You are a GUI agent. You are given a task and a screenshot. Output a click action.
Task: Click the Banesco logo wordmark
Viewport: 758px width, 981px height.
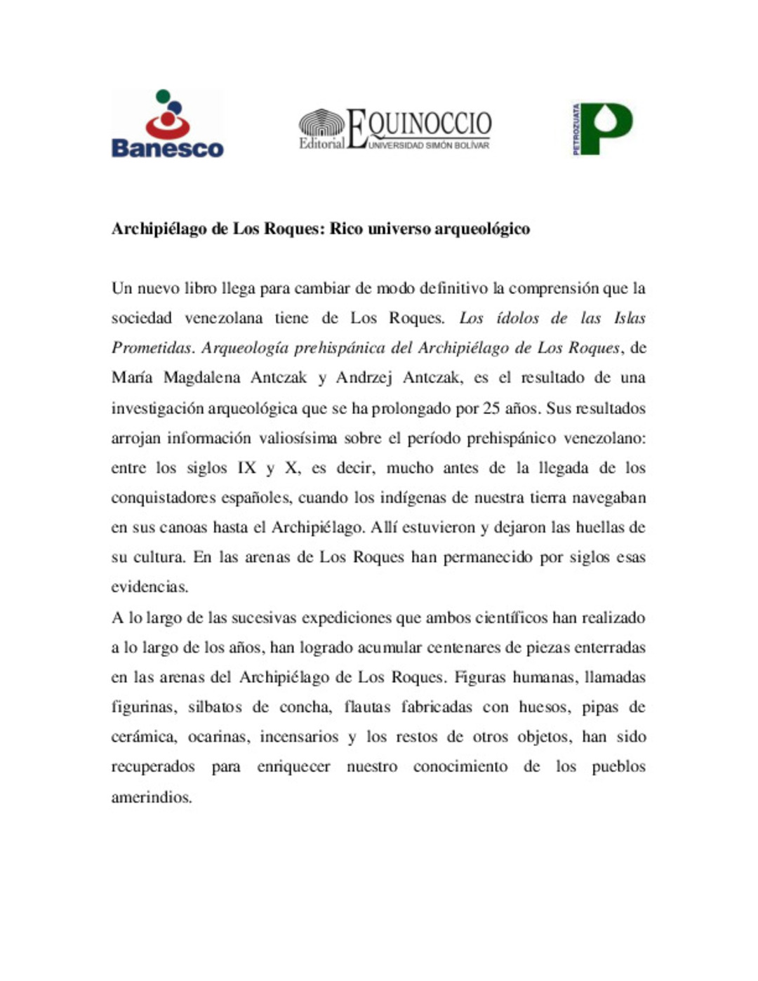point(167,148)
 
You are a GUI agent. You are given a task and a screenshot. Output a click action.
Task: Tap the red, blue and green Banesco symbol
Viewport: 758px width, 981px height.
point(168,114)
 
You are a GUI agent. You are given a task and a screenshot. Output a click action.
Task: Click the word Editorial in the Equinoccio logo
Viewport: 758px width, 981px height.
point(321,143)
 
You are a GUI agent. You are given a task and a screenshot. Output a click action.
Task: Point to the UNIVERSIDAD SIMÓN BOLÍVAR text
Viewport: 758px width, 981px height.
point(428,145)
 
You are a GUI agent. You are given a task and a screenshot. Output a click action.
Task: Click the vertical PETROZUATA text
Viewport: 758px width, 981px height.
point(576,129)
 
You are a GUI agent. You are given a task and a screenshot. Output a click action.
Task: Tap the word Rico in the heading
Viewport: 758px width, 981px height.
point(347,229)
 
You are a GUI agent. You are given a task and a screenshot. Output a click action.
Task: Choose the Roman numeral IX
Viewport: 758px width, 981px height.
point(246,468)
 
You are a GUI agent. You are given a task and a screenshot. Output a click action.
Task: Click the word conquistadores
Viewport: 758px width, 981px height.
point(164,498)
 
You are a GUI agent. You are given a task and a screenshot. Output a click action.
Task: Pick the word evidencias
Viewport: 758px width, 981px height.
point(149,587)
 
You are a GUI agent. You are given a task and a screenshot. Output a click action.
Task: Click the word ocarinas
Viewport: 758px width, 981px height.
point(218,737)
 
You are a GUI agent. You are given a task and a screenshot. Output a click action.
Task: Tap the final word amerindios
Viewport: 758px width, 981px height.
point(152,797)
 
